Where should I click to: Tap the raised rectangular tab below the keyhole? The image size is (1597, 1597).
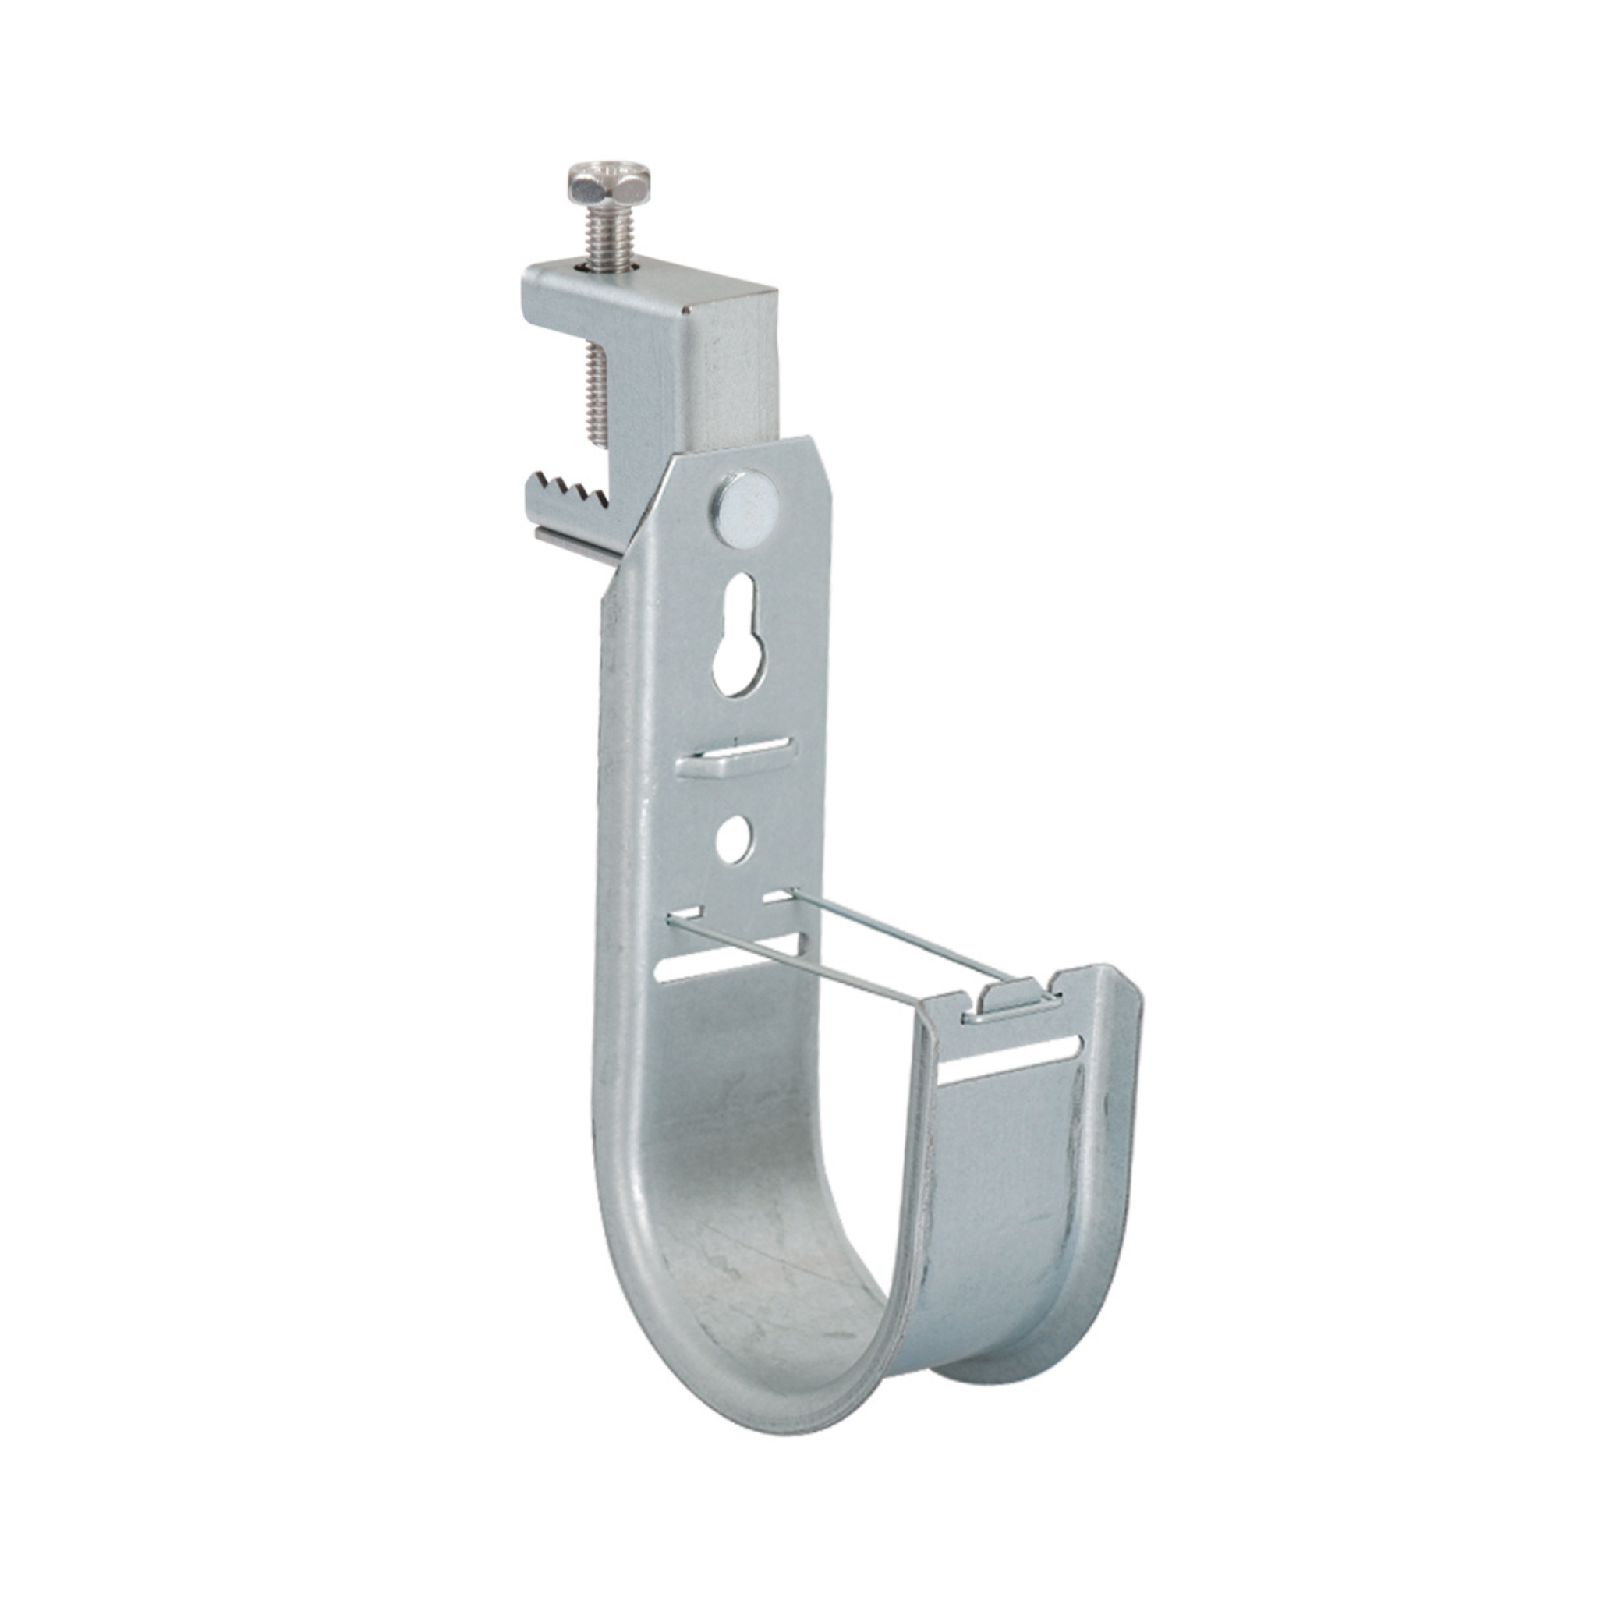(735, 760)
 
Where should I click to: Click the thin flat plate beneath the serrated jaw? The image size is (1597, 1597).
(579, 547)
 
